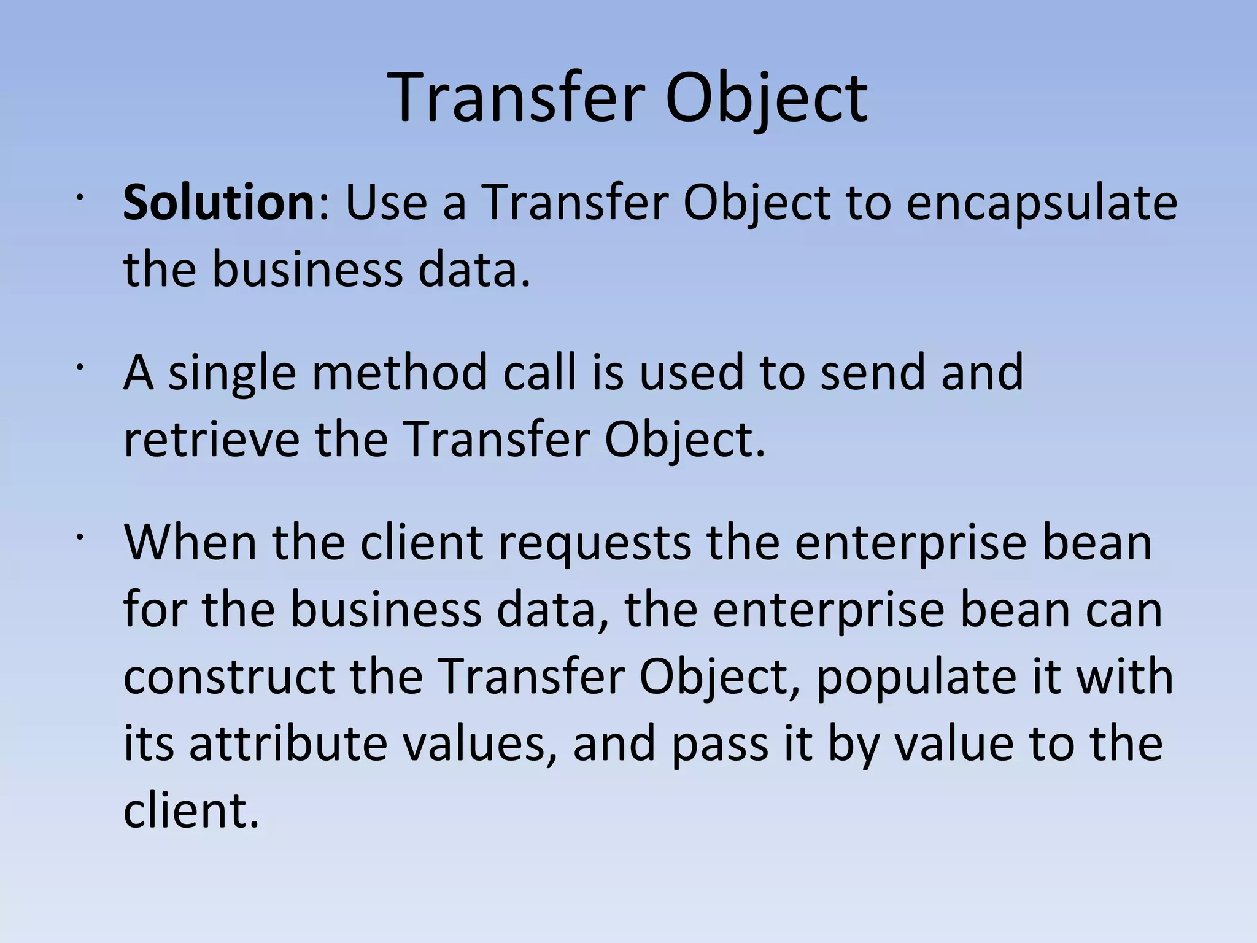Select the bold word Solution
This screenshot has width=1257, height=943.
(x=219, y=203)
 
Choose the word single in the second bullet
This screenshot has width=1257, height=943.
(x=232, y=373)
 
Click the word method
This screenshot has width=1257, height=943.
(x=400, y=372)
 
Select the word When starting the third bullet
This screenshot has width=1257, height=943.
(x=190, y=542)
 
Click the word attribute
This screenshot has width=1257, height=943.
(x=288, y=743)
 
